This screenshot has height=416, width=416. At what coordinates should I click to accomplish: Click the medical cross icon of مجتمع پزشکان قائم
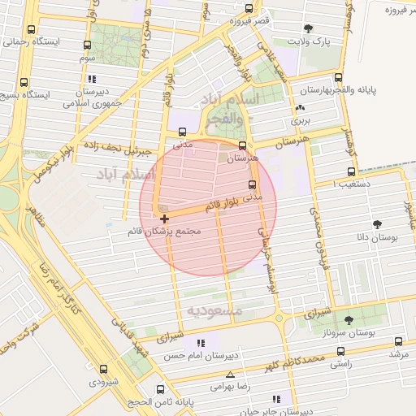[x=165, y=219]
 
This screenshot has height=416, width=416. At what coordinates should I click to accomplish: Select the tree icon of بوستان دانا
[x=377, y=223]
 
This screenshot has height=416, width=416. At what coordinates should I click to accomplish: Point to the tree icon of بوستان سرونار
[x=349, y=321]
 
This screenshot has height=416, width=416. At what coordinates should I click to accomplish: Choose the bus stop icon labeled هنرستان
[x=242, y=145]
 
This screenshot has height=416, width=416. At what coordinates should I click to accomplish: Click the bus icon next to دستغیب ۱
[x=351, y=171]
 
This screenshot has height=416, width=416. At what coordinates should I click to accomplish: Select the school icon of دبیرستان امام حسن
[x=200, y=344]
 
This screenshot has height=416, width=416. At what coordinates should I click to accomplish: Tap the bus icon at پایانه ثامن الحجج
[x=160, y=389]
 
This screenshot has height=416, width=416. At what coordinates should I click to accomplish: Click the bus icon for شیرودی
[x=103, y=369]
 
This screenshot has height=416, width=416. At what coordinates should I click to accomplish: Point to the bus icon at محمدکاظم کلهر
[x=340, y=352]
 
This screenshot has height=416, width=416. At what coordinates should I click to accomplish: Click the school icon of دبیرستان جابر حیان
[x=276, y=399]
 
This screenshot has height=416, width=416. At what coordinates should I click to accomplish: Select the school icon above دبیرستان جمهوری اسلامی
[x=91, y=80]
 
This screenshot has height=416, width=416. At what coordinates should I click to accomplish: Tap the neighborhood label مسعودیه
[x=215, y=310]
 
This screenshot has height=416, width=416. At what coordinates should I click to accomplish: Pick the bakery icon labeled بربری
[x=301, y=107]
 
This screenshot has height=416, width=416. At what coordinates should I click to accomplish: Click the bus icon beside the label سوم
[x=87, y=45]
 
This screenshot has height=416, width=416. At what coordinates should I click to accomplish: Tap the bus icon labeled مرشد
[x=398, y=341]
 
